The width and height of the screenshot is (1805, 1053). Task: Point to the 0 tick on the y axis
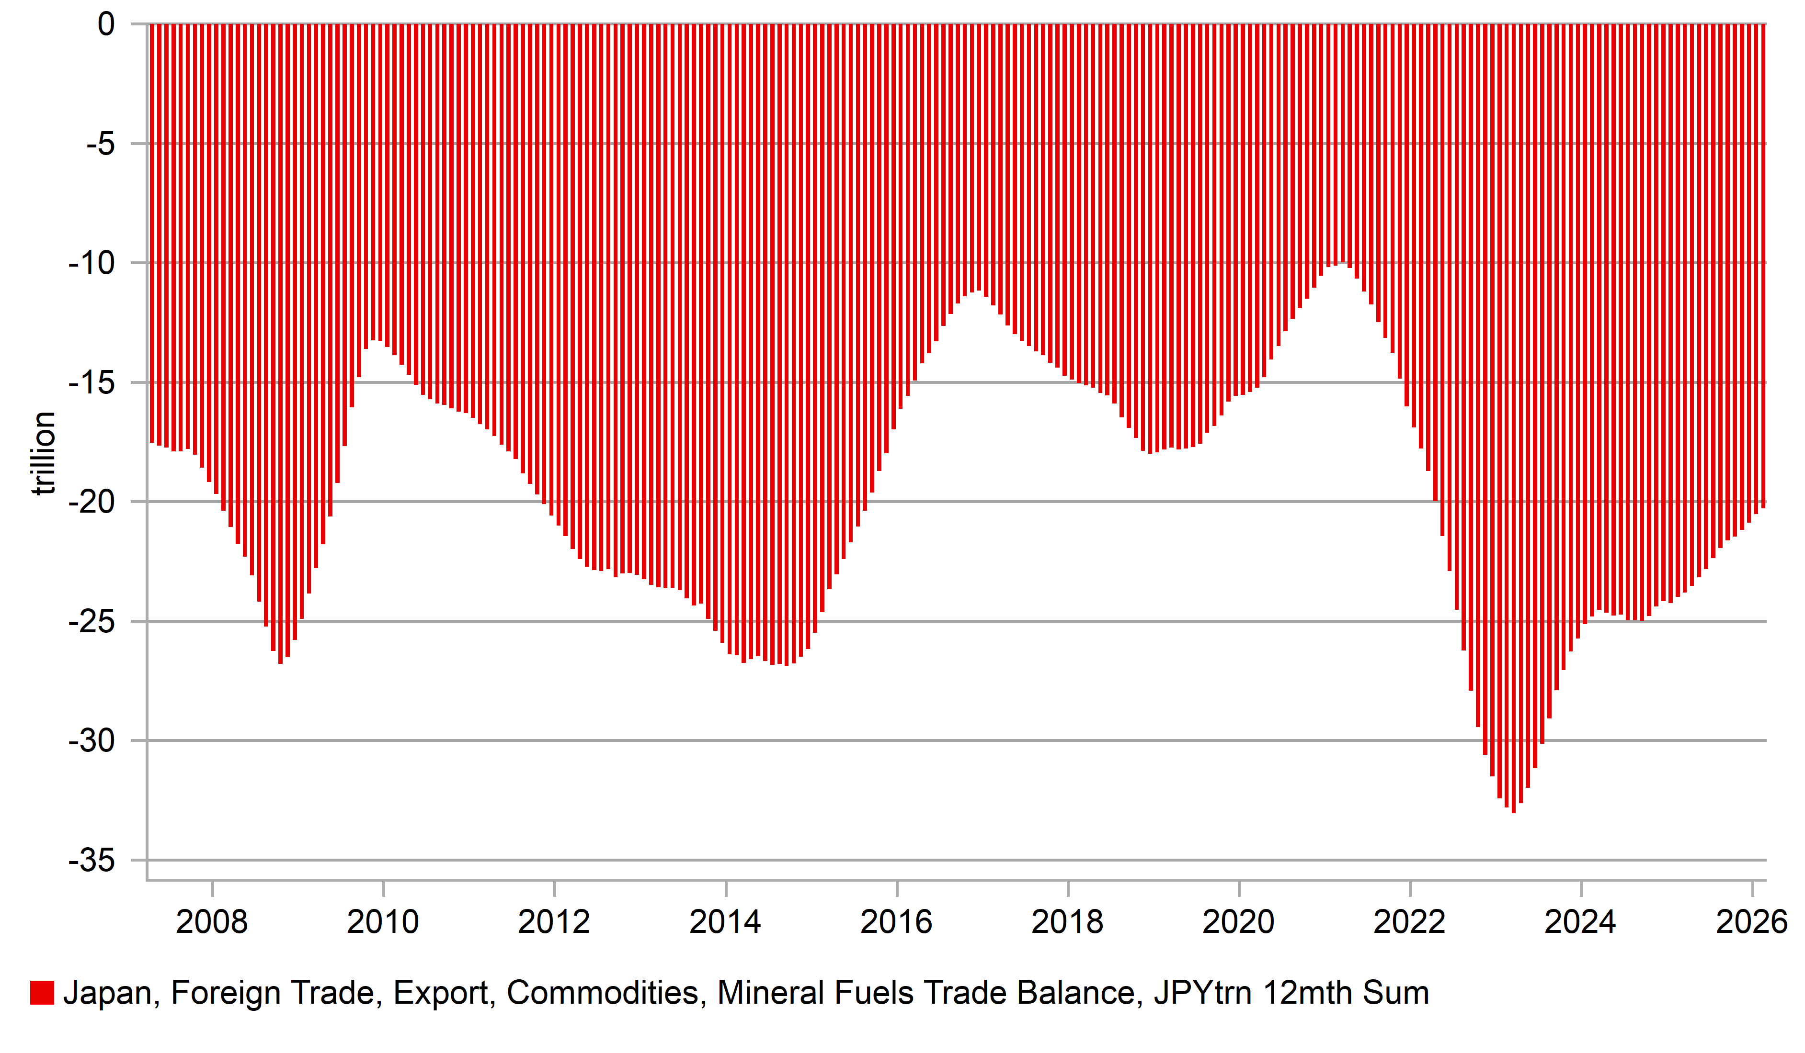(106, 25)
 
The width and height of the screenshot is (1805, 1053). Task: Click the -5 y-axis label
(100, 144)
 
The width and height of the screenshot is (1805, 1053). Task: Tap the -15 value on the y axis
(91, 383)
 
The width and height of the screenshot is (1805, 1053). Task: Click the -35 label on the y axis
(91, 861)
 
